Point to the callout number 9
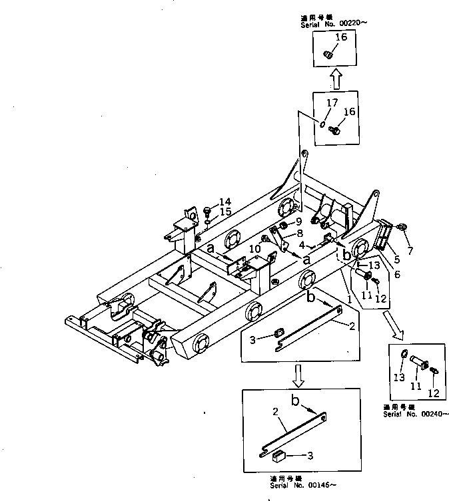299,222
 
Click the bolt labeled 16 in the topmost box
328,53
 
